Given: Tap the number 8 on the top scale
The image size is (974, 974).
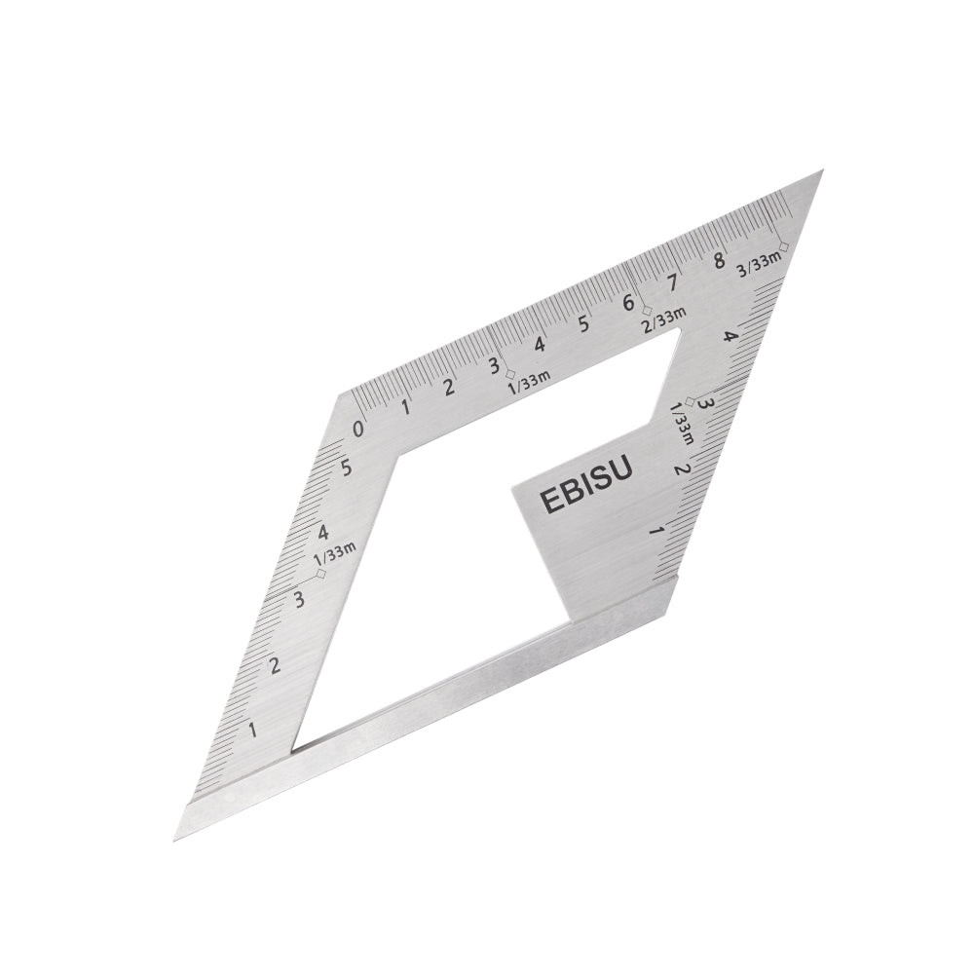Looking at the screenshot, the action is tap(720, 260).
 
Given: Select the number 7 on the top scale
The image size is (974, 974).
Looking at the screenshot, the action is tap(672, 282).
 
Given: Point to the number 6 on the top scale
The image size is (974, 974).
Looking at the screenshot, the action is tap(628, 303).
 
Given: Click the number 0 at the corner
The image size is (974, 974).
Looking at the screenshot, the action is tap(357, 429).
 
